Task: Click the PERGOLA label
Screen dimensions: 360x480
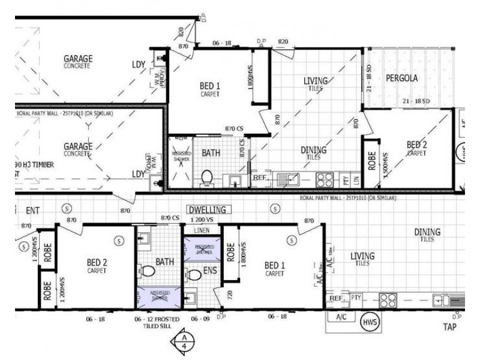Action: pos(402,78)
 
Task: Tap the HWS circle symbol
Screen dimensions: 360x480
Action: pos(369,322)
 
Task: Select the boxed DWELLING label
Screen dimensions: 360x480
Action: pos(206,210)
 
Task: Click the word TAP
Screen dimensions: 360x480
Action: pos(449,327)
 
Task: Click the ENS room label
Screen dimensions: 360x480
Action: pos(209,271)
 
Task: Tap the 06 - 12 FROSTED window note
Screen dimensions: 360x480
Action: pos(156,319)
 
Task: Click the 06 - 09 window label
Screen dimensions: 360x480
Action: pos(200,319)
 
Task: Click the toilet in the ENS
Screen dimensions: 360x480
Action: pos(193,275)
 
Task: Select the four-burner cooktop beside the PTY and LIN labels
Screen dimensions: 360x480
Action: pos(325,178)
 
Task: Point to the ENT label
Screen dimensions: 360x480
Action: pos(32,211)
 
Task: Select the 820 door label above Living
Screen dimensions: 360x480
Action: pos(283,41)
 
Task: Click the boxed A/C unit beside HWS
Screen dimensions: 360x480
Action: pos(341,317)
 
